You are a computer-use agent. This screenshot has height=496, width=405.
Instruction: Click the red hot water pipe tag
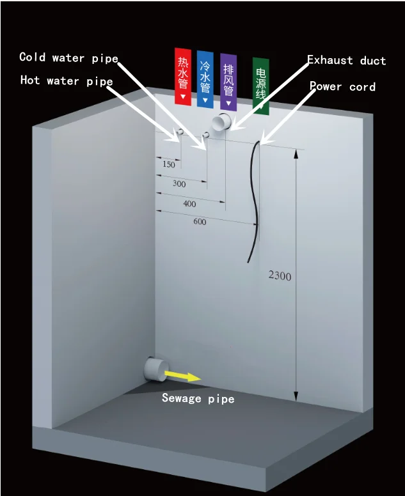[x=183, y=76]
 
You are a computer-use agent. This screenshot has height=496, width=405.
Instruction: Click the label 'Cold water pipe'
[x=68, y=58]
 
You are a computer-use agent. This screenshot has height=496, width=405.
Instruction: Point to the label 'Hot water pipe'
[x=67, y=81]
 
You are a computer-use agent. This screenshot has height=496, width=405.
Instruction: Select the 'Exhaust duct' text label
[x=346, y=61]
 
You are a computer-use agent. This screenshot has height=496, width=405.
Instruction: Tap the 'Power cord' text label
[x=342, y=86]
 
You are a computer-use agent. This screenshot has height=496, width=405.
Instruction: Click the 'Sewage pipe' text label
[x=198, y=398]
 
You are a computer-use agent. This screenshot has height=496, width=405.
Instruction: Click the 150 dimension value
[x=168, y=165]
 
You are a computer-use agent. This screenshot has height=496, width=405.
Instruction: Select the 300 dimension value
[x=179, y=184]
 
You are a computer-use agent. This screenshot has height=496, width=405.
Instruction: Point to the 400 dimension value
[x=189, y=204]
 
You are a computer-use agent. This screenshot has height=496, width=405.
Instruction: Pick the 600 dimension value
[x=200, y=222]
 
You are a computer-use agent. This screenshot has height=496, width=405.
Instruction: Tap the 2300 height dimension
[x=280, y=276]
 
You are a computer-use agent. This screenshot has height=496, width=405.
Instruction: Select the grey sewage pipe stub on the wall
[x=154, y=368]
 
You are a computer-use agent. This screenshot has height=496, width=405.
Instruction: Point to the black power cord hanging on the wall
[x=255, y=198]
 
